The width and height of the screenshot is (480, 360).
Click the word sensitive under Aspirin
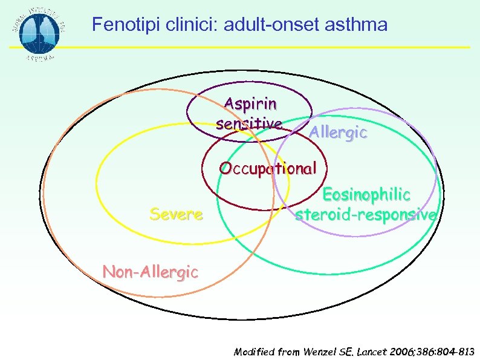pyautogui.click(x=248, y=123)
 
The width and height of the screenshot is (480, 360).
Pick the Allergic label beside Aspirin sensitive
pyautogui.click(x=338, y=133)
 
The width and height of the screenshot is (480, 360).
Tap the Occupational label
pyautogui.click(x=268, y=168)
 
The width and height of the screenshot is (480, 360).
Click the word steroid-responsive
pyautogui.click(x=366, y=215)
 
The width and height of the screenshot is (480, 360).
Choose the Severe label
pyautogui.click(x=176, y=214)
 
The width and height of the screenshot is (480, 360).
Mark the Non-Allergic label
pyautogui.click(x=150, y=272)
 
